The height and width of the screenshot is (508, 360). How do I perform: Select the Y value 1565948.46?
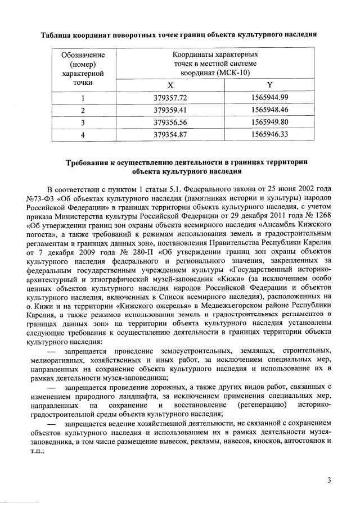click(x=270, y=110)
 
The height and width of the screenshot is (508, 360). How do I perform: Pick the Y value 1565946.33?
click(x=270, y=134)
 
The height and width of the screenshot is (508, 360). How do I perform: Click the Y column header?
click(x=270, y=85)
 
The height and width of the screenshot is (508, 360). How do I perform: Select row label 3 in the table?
click(x=83, y=122)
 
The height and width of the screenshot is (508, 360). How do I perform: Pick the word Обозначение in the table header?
click(x=83, y=55)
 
